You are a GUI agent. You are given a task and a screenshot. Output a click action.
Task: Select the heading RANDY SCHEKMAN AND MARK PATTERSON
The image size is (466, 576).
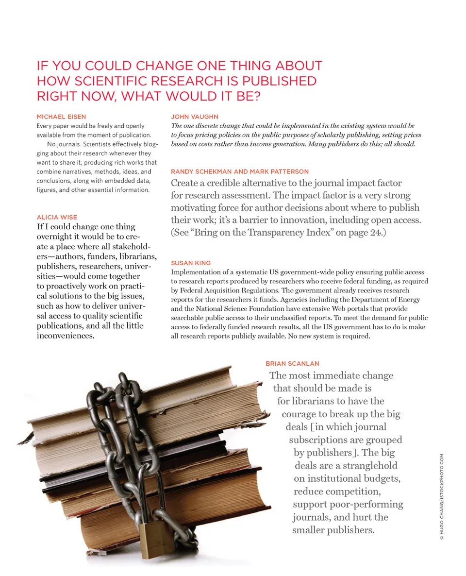(240, 171)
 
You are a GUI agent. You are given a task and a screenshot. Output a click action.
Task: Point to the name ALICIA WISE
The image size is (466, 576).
(57, 217)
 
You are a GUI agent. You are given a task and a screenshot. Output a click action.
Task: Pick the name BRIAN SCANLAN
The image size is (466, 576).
(292, 363)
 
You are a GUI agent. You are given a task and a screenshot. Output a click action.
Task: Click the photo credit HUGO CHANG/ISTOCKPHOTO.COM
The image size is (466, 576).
(441, 496)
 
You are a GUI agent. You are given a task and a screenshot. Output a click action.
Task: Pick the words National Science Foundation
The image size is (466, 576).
(230, 309)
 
